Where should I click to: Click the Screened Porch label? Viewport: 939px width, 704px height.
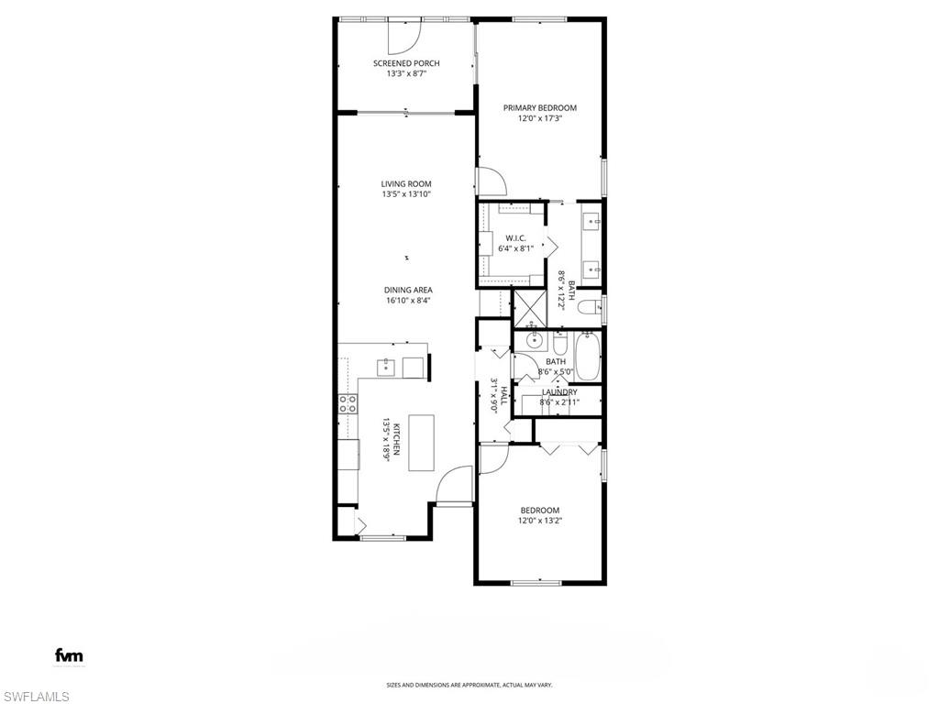(406, 63)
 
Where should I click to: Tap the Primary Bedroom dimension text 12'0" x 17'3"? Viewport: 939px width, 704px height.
(540, 118)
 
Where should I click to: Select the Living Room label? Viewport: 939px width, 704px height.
(406, 183)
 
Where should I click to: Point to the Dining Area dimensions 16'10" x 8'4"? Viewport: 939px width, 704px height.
(407, 301)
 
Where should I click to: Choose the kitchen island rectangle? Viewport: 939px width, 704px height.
(421, 443)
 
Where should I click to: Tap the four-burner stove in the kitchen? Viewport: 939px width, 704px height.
(348, 404)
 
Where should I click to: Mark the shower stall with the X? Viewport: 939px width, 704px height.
(529, 307)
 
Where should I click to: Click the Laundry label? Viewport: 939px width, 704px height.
(558, 391)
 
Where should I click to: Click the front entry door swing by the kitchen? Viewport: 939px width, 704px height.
(456, 487)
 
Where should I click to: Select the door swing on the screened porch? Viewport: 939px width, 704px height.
(404, 35)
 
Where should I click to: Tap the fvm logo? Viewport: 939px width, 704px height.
(69, 655)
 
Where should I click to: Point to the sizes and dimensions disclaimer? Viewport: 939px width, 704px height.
(469, 685)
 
